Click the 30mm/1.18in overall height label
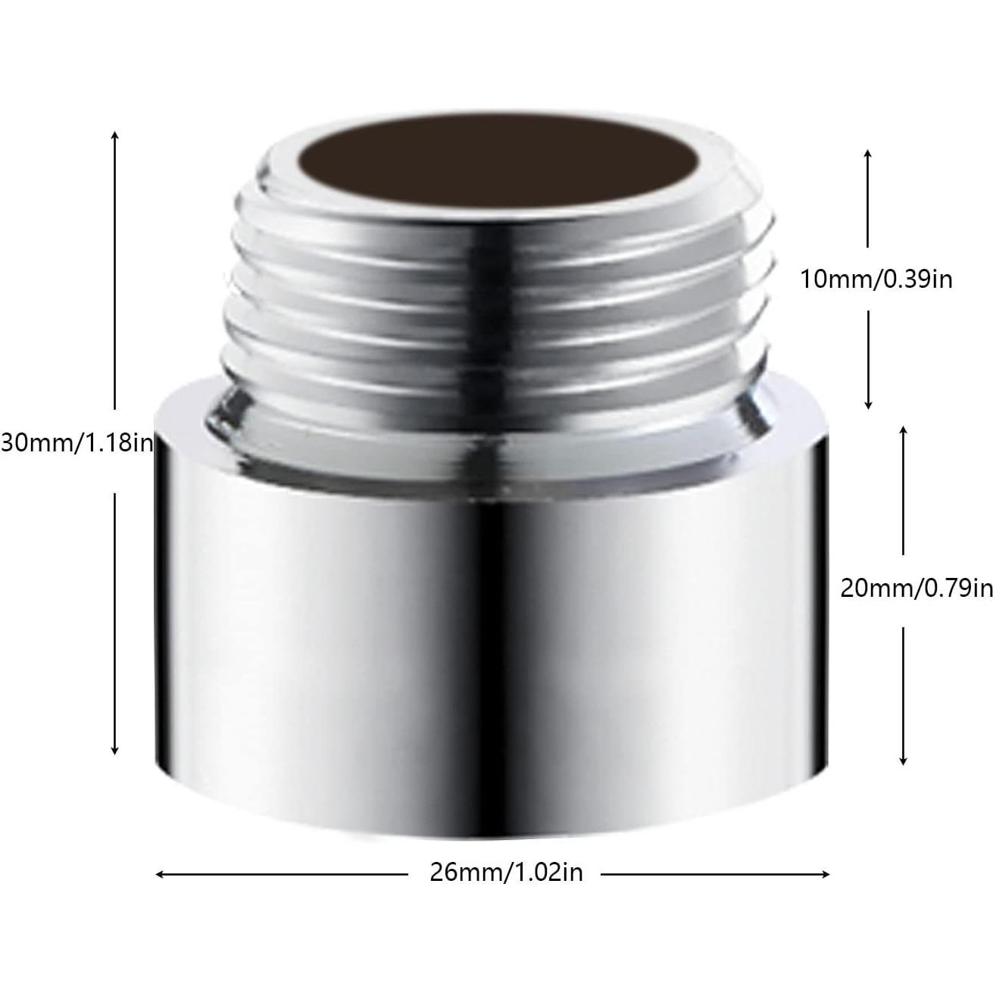pyautogui.click(x=77, y=442)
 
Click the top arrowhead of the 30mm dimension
pyautogui.click(x=114, y=135)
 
